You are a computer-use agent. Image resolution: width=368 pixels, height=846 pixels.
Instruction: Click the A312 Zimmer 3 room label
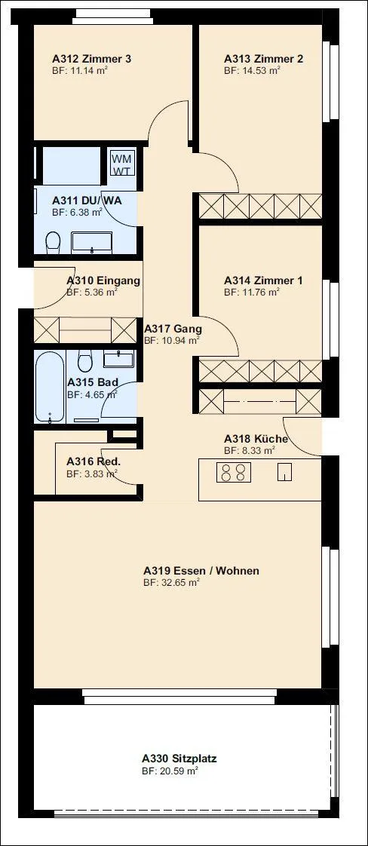tap(92, 59)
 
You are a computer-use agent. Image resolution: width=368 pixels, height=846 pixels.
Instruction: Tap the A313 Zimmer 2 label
tap(264, 59)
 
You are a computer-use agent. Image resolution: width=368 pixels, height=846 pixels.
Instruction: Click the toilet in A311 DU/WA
tap(53, 242)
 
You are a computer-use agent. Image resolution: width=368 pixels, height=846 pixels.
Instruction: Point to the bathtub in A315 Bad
tap(50, 386)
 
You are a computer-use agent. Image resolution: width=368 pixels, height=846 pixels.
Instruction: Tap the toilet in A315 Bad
tap(84, 360)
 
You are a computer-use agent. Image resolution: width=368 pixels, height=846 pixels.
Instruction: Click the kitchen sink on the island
tap(285, 472)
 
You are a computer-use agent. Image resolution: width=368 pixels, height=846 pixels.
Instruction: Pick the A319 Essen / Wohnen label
tap(201, 571)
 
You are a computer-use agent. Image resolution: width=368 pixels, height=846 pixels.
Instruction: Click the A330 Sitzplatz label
tap(179, 759)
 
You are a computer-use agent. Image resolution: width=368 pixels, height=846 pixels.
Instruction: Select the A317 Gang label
tap(173, 329)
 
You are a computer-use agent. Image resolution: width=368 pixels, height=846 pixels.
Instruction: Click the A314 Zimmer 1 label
tap(263, 280)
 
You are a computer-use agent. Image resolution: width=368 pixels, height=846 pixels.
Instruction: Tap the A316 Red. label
tap(93, 462)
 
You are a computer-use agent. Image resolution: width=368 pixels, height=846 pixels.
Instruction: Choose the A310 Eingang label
tap(103, 280)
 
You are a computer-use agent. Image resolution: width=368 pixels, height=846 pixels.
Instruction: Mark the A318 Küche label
tap(256, 439)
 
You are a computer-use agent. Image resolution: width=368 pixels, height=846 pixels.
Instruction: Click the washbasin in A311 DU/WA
tap(92, 243)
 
